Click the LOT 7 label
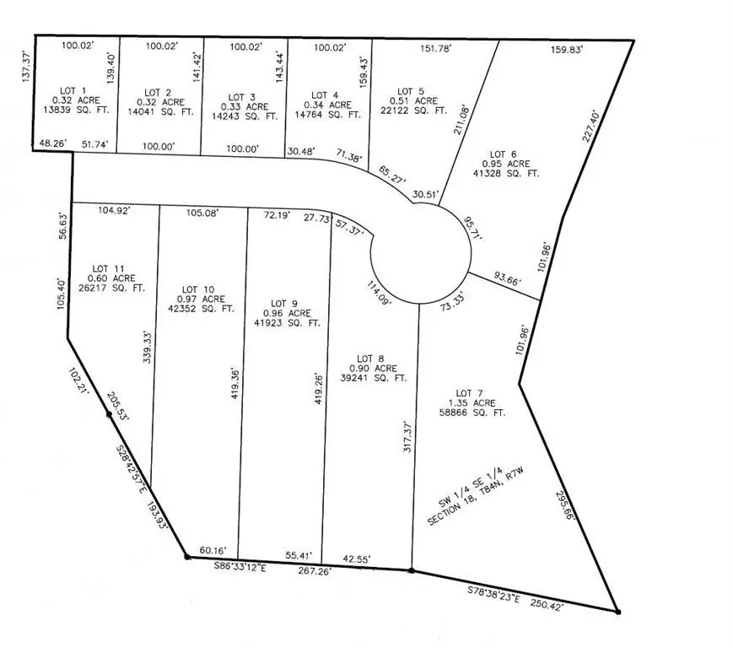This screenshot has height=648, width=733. pyautogui.click(x=470, y=392)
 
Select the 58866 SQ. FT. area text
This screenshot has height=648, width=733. pyautogui.click(x=470, y=413)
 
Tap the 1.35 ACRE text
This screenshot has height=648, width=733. pyautogui.click(x=473, y=402)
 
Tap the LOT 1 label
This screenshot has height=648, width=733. pyautogui.click(x=70, y=89)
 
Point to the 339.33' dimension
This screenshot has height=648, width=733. pyautogui.click(x=148, y=347)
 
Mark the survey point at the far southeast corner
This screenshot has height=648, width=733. pyautogui.click(x=617, y=611)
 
